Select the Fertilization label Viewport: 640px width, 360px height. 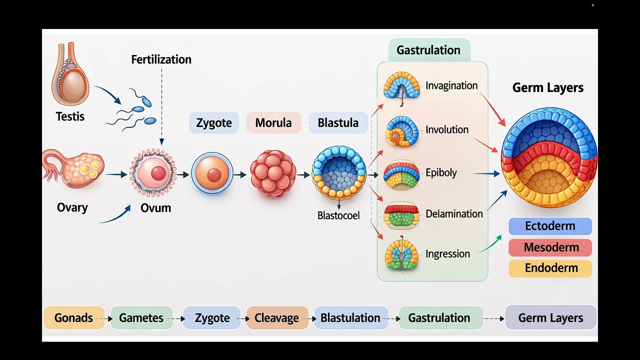pyautogui.click(x=161, y=59)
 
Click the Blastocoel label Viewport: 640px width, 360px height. pyautogui.click(x=338, y=216)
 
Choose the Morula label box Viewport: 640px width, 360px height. pyautogui.click(x=273, y=123)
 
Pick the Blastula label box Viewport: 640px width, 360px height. pyautogui.click(x=338, y=123)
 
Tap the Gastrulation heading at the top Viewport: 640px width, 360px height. pyautogui.click(x=428, y=50)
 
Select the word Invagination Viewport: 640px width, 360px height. pyautogui.click(x=451, y=85)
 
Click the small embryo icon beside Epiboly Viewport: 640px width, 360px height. pyautogui.click(x=401, y=174)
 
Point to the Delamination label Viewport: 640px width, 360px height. pyautogui.click(x=454, y=214)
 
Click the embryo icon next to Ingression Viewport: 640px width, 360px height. pyautogui.click(x=401, y=254)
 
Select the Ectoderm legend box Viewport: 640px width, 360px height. pyautogui.click(x=550, y=226)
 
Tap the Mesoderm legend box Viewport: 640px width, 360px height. pyautogui.click(x=550, y=247)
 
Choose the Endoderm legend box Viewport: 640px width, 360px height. pyautogui.click(x=550, y=268)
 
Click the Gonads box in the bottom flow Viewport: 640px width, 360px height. pyautogui.click(x=73, y=318)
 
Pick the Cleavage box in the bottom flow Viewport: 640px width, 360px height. pyautogui.click(x=276, y=318)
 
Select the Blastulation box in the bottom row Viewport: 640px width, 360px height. pyautogui.click(x=350, y=318)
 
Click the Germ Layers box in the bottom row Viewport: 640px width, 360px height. pyautogui.click(x=550, y=318)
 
